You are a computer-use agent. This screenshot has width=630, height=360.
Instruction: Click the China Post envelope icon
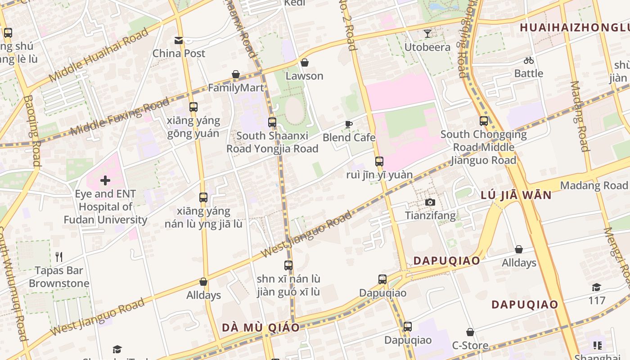[x=179, y=40]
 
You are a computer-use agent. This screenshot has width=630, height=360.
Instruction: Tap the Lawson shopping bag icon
[x=305, y=63]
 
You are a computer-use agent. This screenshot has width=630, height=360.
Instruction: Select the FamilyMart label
[x=236, y=88]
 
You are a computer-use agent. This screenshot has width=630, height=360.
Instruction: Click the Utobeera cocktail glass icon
[x=427, y=34]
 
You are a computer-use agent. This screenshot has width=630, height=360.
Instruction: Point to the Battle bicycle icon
[x=529, y=60]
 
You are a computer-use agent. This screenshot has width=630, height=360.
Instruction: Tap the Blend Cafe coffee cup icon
[x=349, y=124]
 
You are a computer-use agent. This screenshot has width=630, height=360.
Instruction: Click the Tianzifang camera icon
[x=430, y=202]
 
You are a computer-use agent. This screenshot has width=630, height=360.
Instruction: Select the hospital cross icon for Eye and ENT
[x=105, y=181]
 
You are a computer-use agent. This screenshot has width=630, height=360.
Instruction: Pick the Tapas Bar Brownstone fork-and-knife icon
[x=59, y=257]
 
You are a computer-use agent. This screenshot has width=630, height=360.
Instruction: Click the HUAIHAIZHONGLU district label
[x=574, y=27]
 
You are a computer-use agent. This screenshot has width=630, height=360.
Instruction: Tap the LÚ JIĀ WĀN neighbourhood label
[x=516, y=195]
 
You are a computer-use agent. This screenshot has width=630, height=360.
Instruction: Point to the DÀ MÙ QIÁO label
[x=261, y=328]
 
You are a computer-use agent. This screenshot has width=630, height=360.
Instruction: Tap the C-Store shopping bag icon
[x=470, y=333]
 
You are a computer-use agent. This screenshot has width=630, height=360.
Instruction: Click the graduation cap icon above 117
[x=597, y=287]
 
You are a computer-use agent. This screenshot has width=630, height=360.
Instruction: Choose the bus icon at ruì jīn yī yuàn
[x=379, y=162]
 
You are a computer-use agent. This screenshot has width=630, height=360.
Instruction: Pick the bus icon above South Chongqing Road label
[x=484, y=121]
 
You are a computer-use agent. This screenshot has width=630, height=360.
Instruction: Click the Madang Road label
[x=594, y=185]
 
